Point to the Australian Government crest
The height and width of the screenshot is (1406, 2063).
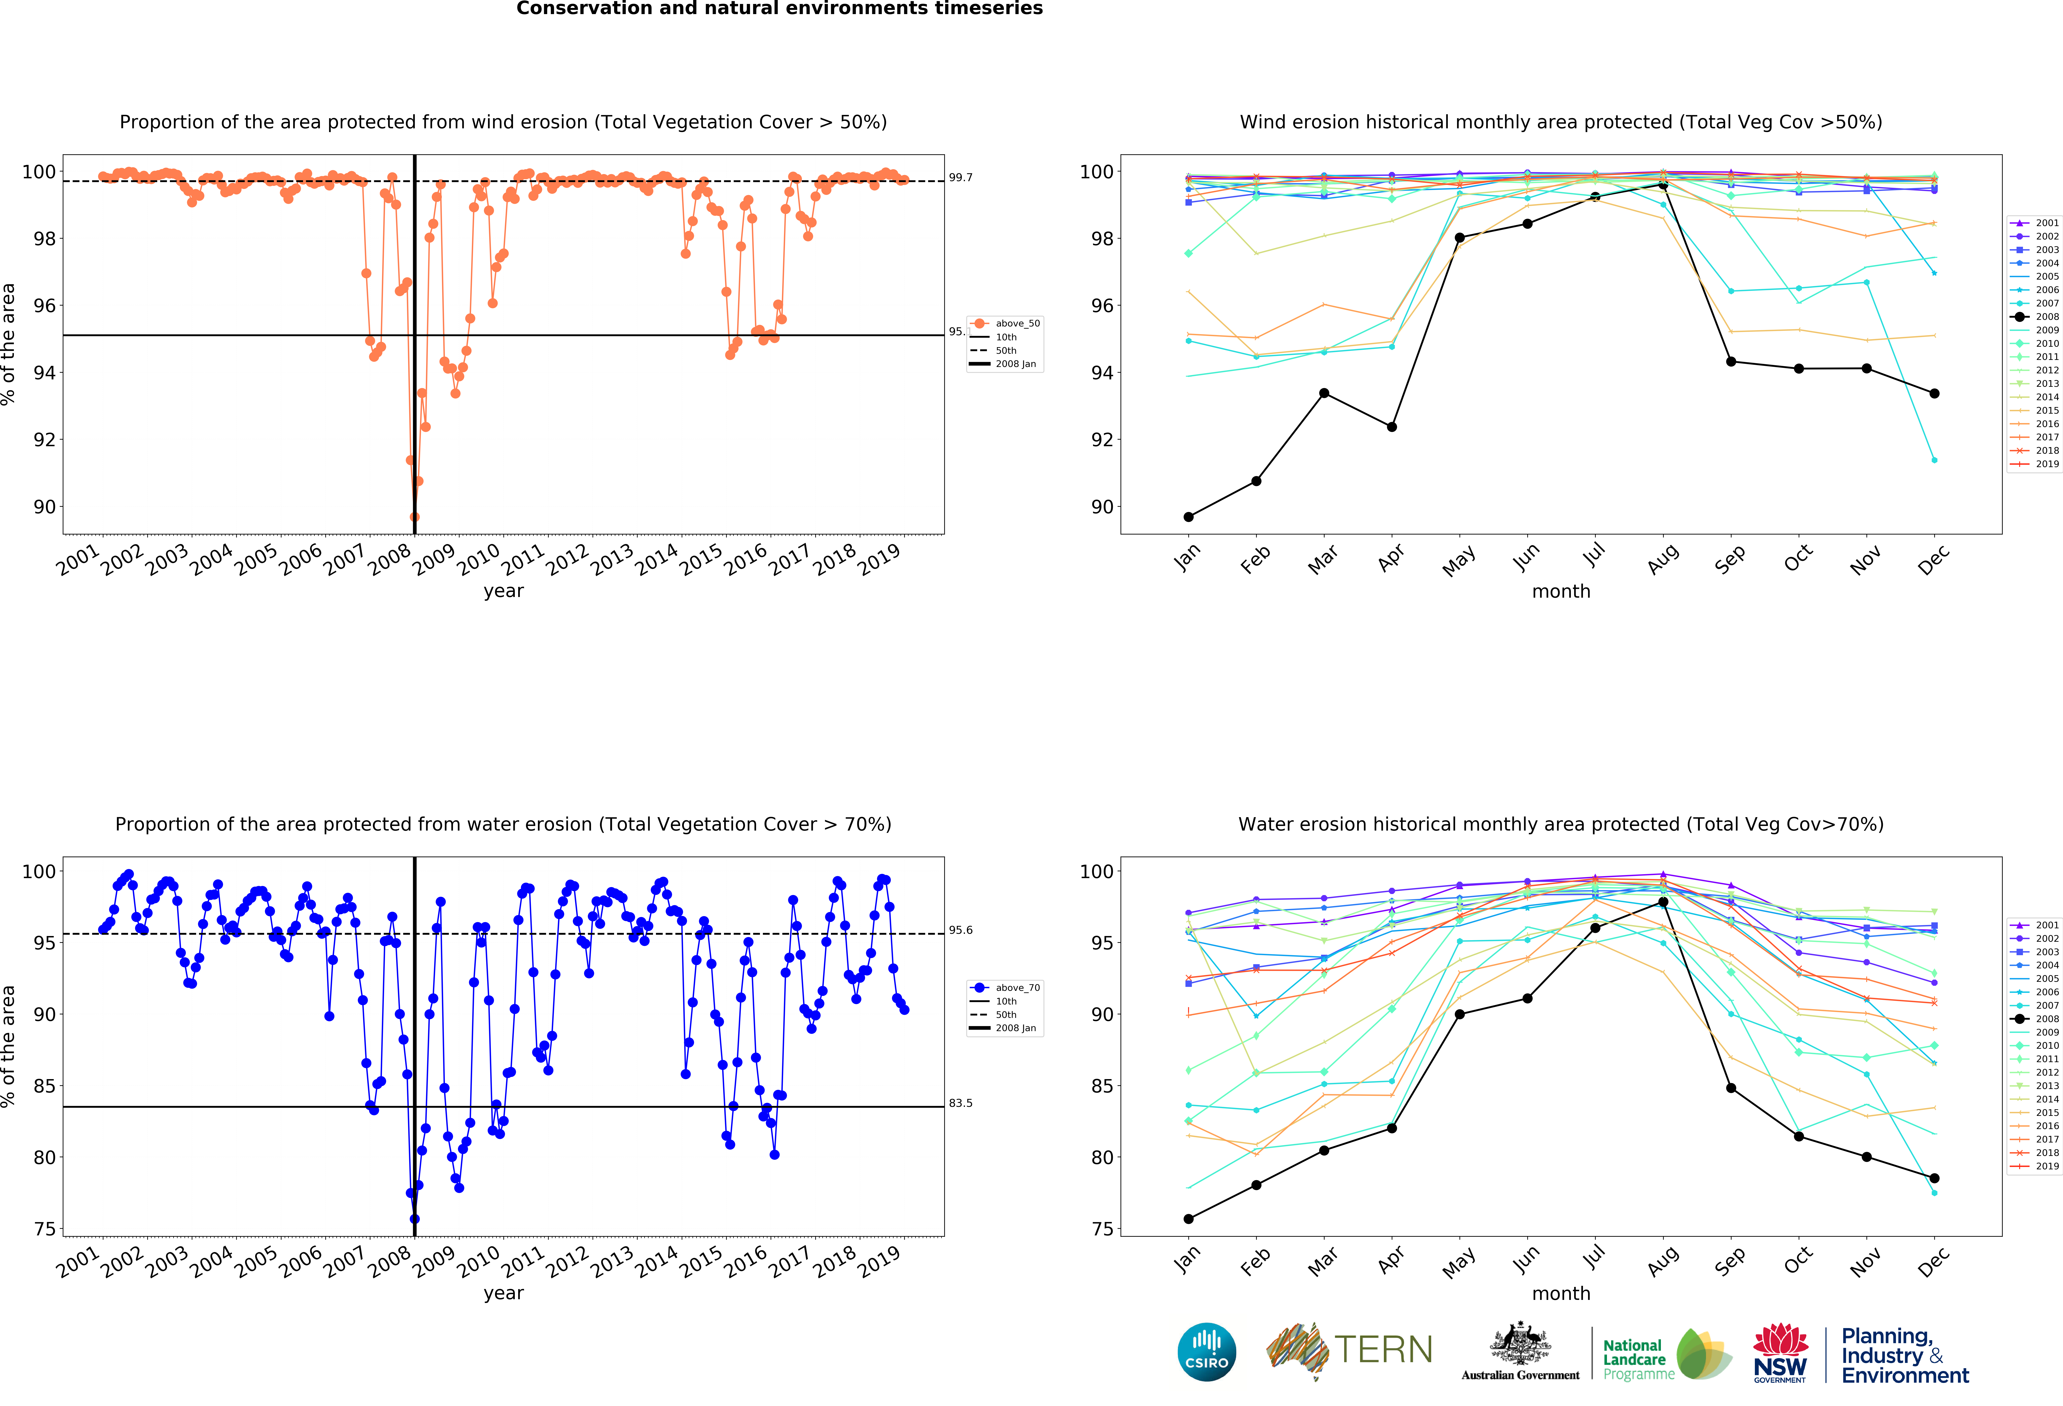click(x=1521, y=1347)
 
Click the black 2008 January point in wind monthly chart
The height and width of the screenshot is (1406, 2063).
click(x=1189, y=517)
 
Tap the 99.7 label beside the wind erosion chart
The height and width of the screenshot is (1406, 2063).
click(x=961, y=177)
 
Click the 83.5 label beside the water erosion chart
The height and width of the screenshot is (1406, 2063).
click(x=961, y=1103)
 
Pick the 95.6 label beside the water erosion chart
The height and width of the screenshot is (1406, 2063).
click(x=961, y=930)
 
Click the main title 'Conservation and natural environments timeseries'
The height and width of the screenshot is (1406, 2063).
click(x=779, y=9)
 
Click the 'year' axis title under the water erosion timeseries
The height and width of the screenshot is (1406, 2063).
click(x=503, y=1293)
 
